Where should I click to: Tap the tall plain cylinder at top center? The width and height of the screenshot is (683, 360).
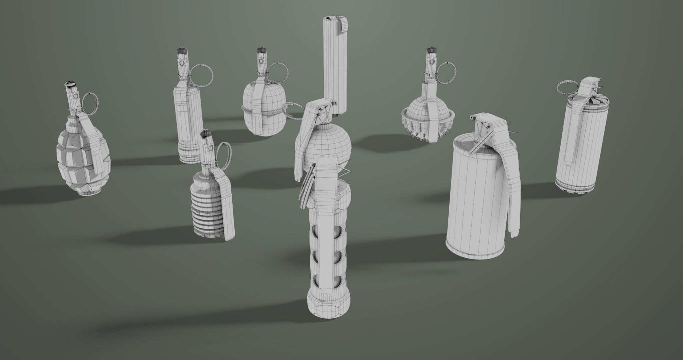[x=334, y=67]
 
